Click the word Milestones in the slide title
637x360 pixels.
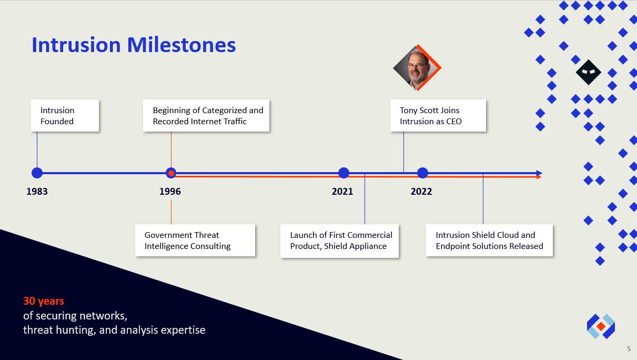pos(181,45)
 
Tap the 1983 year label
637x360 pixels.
pos(37,191)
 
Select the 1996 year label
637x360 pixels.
pos(170,191)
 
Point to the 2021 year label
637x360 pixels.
pos(342,191)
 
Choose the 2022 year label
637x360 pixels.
pos(421,191)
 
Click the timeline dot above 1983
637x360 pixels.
pos(37,173)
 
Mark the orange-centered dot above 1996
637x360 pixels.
pos(171,173)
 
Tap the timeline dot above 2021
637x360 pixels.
pos(344,173)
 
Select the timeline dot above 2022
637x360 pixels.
pos(422,173)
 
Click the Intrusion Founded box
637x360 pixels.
pos(65,116)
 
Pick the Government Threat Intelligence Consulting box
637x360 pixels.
pos(195,241)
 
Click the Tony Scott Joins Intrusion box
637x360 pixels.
pos(438,116)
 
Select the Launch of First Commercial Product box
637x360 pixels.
pos(339,241)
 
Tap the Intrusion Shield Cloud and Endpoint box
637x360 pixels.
pos(489,241)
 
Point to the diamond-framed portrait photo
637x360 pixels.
pos(417,68)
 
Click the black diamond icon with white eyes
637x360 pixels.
pos(589,72)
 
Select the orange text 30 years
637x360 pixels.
pos(44,301)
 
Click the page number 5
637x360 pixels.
pos(629,348)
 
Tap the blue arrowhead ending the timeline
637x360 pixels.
pos(539,173)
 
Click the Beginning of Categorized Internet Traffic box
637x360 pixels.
pos(206,116)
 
